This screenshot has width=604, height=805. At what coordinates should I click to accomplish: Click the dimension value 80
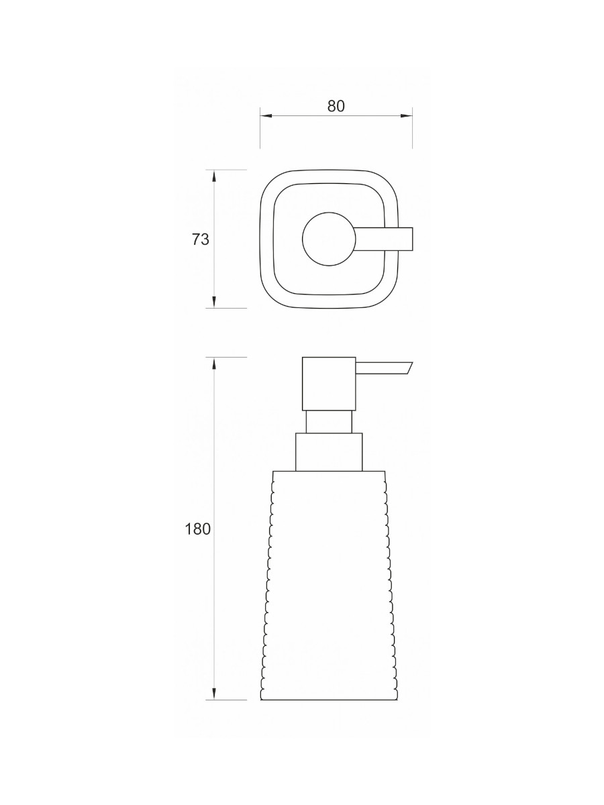point(336,106)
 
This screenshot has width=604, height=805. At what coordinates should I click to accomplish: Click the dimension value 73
point(200,239)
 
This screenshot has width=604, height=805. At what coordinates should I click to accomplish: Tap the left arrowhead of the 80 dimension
point(266,116)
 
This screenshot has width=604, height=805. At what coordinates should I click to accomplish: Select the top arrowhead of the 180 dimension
point(214,363)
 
